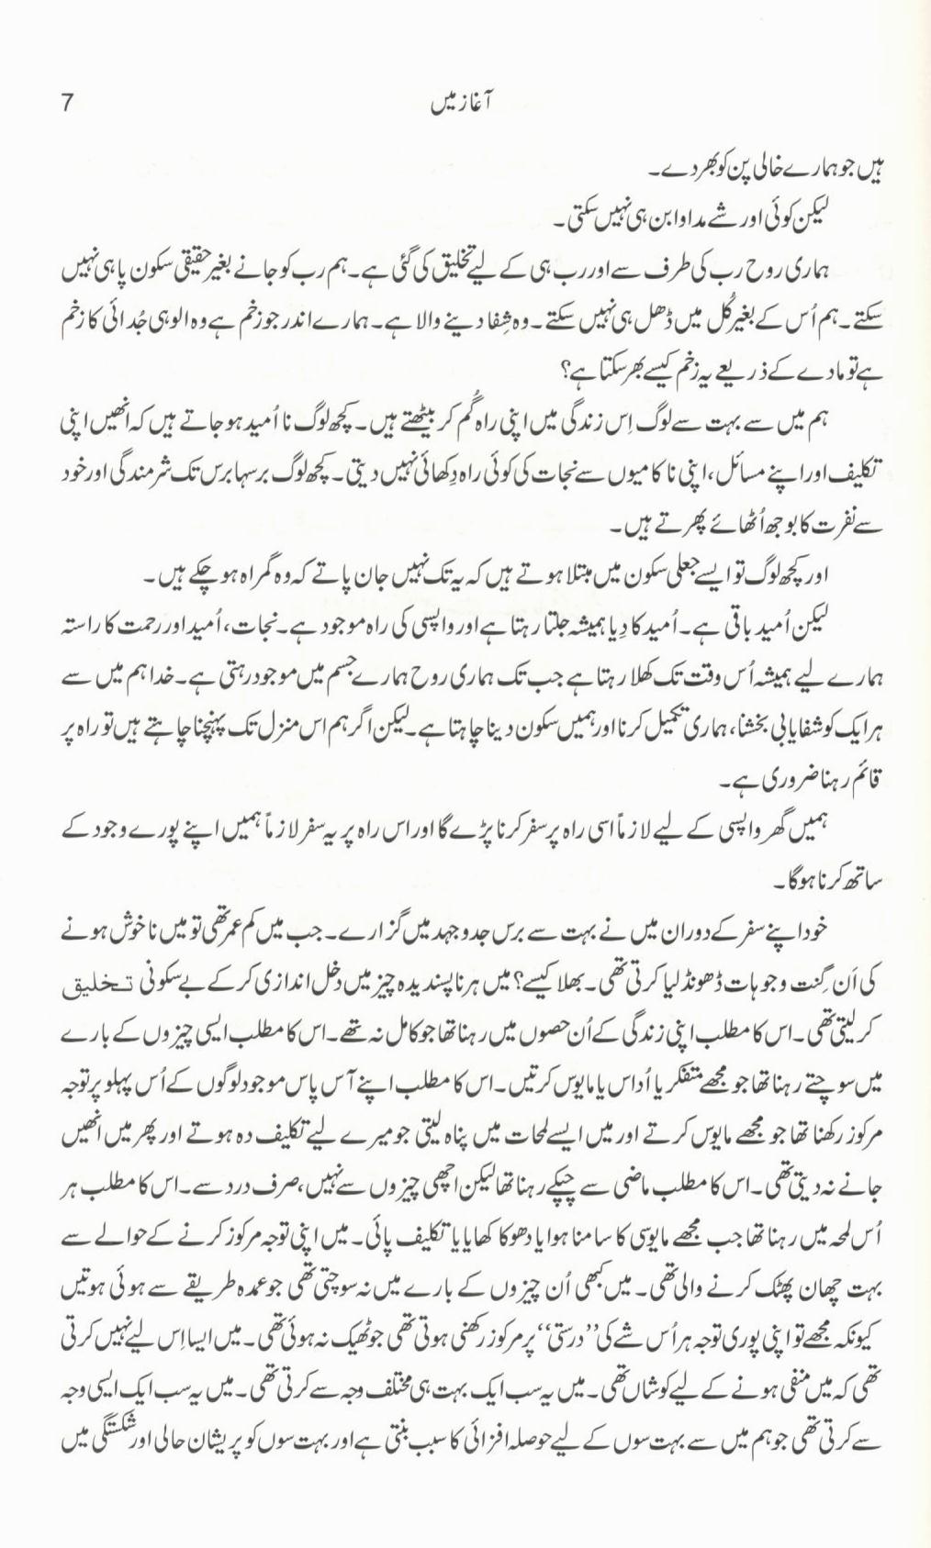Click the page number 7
pos(65,104)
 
